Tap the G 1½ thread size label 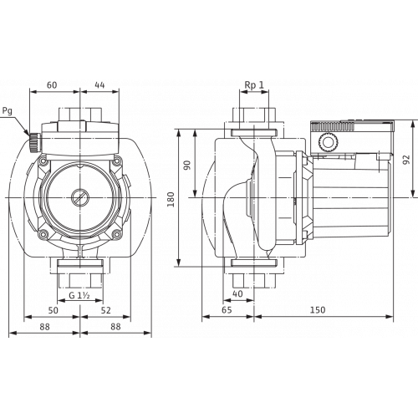coord(79,293)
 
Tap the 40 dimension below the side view coord(238,293)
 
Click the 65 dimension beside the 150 coord(227,310)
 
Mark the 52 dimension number coord(104,310)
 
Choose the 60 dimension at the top coord(52,84)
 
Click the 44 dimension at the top coord(99,84)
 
